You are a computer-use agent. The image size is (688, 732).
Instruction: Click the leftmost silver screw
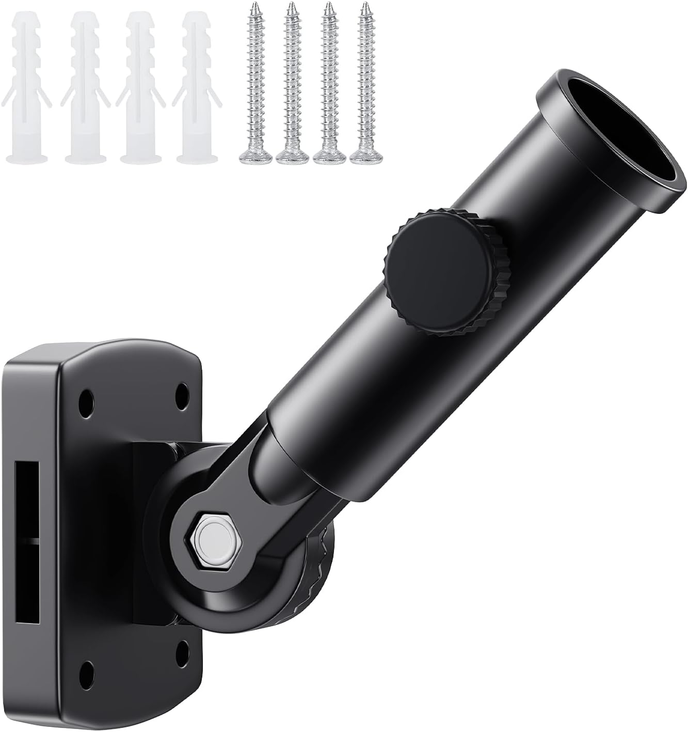(254, 83)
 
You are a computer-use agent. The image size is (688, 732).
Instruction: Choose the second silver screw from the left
(291, 83)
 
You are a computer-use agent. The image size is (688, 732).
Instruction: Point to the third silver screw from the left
(328, 83)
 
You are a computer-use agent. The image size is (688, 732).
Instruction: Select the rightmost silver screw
(365, 83)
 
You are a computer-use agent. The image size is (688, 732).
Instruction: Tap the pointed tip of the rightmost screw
(365, 5)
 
